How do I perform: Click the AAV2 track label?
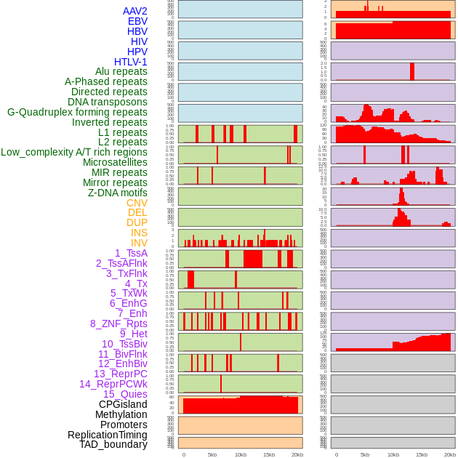click(x=134, y=11)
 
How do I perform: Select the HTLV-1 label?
click(x=130, y=62)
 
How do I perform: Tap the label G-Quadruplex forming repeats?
click(x=77, y=112)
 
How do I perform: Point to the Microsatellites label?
click(x=115, y=162)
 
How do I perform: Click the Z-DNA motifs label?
click(x=117, y=193)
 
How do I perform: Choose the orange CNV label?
click(x=137, y=203)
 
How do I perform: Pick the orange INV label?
click(x=139, y=243)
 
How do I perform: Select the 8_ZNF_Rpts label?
click(x=118, y=324)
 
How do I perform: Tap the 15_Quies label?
click(x=125, y=394)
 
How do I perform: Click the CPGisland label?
click(x=123, y=404)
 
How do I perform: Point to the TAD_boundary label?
click(x=113, y=444)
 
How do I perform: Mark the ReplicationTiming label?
click(x=107, y=435)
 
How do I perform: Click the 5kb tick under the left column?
click(x=212, y=454)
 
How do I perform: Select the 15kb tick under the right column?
click(x=422, y=454)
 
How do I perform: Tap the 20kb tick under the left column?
click(x=297, y=454)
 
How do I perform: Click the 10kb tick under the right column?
click(x=393, y=454)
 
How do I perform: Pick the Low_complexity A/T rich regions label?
click(x=74, y=152)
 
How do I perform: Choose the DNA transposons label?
click(x=108, y=102)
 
